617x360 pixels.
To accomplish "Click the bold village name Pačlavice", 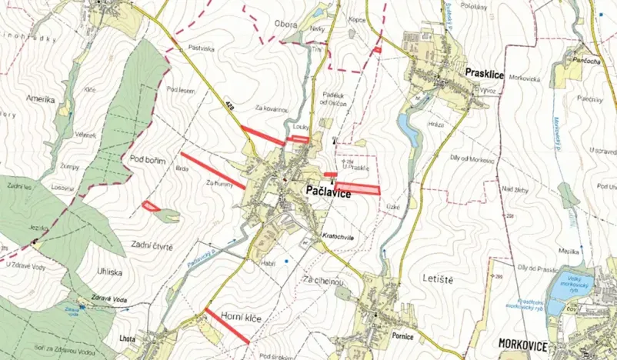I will (x=329, y=194).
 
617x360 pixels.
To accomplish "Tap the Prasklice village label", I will (x=484, y=72).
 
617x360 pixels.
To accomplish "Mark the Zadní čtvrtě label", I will (x=151, y=246).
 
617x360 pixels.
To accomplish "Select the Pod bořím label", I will (x=148, y=158).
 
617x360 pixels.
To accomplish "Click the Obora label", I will (x=285, y=25).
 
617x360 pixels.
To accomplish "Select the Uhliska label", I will (x=108, y=272).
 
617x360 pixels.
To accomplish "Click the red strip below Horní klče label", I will (x=223, y=325).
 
